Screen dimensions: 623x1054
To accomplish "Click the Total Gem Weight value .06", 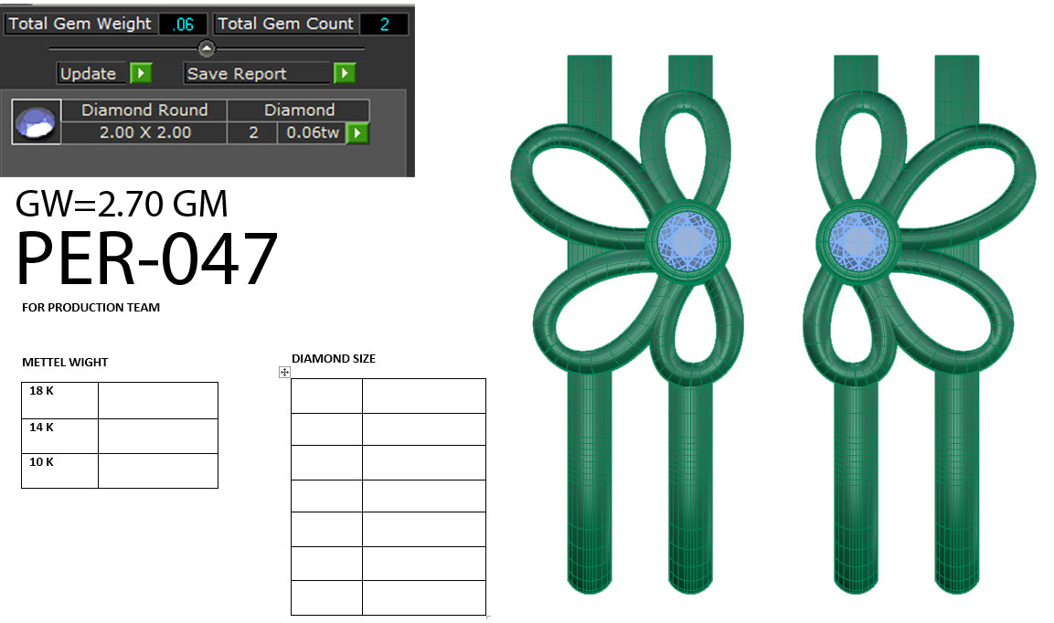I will point(183,25).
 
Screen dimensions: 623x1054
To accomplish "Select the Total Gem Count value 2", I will point(384,25).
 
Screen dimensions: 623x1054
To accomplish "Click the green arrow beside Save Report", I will point(344,73).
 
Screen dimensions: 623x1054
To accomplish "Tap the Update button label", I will point(89,74).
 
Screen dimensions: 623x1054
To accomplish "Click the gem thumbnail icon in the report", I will point(36,121).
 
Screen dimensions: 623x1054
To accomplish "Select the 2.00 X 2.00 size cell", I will point(144,132).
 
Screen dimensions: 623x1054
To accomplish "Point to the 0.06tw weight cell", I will point(314,133).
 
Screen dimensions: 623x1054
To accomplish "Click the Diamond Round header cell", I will point(144,110).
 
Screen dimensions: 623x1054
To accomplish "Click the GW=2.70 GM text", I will point(122,204).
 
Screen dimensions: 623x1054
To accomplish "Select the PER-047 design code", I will point(146,259).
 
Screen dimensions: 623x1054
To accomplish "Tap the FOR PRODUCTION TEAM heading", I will point(90,308).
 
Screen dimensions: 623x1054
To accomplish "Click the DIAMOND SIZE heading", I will point(333,359).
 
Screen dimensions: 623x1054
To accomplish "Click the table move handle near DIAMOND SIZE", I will point(284,372).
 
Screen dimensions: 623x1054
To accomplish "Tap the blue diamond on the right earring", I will point(857,241).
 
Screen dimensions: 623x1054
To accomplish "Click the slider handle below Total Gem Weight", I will point(207,48).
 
